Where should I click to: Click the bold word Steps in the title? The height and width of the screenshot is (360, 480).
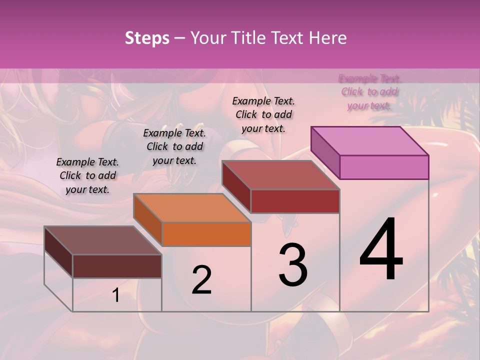147,38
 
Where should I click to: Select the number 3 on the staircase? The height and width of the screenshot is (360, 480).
293,265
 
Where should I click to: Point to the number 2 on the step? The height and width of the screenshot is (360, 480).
202,280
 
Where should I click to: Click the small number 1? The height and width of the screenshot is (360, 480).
116,295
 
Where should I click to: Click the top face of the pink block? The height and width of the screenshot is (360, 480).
369,140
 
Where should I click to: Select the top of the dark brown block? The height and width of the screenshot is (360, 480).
102,240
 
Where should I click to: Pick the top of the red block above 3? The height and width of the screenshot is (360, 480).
280,175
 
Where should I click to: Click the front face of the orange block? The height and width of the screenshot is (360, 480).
206,234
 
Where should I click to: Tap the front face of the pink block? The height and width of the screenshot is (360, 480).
384,167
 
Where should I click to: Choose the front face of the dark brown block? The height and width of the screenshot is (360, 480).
117,266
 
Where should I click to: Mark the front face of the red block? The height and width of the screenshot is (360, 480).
295,201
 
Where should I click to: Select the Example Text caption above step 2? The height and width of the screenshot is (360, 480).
174,147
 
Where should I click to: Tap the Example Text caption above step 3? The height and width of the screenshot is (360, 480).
263,114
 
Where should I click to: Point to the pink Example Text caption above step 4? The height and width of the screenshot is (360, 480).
369,92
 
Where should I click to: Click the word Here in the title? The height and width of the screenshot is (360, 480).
329,38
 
